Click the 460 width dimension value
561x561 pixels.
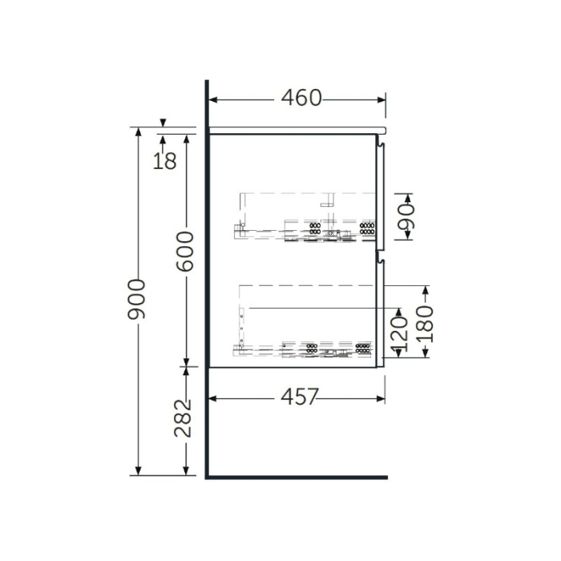pyautogui.click(x=301, y=98)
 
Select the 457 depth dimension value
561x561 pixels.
pyautogui.click(x=299, y=397)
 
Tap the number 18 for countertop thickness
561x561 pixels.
pyautogui.click(x=164, y=160)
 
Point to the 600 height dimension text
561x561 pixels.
pyautogui.click(x=185, y=250)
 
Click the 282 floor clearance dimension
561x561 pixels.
pyautogui.click(x=185, y=417)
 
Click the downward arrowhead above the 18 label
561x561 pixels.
pyautogui.click(x=163, y=123)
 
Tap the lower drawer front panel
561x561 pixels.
pyautogui.click(x=381, y=313)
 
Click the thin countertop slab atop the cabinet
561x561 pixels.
pyautogui.click(x=297, y=129)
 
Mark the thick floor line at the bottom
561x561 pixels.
pyautogui.click(x=297, y=477)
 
